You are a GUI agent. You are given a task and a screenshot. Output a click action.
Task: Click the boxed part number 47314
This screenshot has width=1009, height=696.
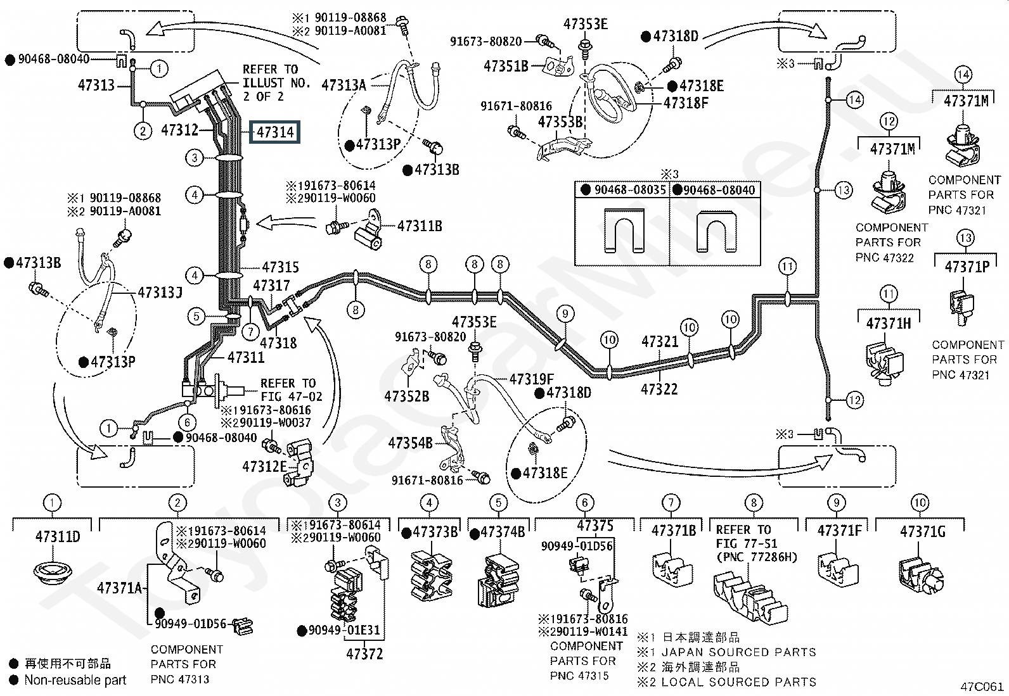(x=275, y=132)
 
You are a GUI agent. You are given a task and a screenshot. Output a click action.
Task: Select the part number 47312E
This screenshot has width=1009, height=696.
(x=264, y=466)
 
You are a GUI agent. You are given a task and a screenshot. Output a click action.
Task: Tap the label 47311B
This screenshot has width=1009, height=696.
(x=420, y=226)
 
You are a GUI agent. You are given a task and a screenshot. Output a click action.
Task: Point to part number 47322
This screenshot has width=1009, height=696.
(x=659, y=389)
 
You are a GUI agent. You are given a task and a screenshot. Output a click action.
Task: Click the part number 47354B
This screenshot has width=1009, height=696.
(x=410, y=443)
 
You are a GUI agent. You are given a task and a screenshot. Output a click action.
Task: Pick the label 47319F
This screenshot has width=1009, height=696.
(x=532, y=379)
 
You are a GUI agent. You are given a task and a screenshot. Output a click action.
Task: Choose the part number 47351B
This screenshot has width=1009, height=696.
(x=506, y=66)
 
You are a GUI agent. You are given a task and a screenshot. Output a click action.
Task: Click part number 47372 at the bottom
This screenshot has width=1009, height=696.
(x=364, y=654)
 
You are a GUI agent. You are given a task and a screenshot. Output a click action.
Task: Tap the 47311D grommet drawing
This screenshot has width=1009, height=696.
(x=52, y=573)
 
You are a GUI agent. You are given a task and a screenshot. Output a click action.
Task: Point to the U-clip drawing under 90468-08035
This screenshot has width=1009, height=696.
(x=624, y=231)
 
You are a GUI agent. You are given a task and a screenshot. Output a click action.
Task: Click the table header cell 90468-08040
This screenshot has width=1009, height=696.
(x=715, y=190)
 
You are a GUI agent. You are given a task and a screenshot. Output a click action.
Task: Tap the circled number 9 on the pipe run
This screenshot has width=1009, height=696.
(x=565, y=313)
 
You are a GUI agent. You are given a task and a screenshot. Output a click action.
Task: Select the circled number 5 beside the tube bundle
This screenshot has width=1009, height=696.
(x=196, y=317)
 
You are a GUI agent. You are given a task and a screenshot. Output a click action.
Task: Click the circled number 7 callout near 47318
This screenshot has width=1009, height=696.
(x=250, y=332)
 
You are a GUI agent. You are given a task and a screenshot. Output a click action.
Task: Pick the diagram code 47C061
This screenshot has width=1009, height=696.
(x=982, y=687)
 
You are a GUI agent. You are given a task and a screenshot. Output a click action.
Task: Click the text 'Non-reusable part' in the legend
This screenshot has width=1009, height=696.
(x=75, y=680)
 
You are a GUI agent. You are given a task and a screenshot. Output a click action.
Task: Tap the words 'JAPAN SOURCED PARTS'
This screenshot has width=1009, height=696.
(x=739, y=652)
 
